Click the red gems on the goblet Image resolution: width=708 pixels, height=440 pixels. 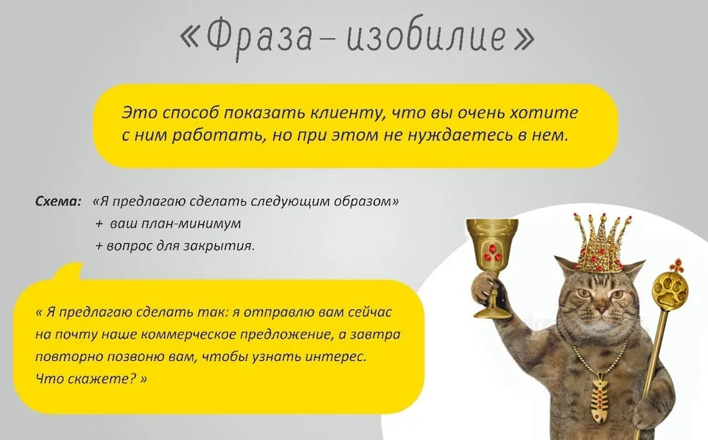(492, 255)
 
